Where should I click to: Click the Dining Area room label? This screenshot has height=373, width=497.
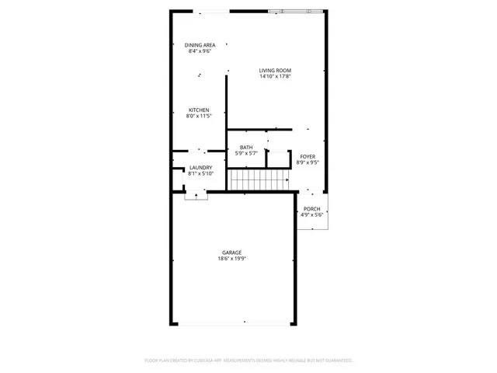(x=200, y=45)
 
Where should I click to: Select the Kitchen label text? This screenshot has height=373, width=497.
(x=199, y=110)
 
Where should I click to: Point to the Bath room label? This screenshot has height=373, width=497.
(x=246, y=148)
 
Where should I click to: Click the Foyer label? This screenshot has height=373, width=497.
(x=308, y=156)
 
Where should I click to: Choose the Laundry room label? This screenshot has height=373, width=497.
(x=200, y=168)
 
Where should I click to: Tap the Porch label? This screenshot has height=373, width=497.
(x=311, y=208)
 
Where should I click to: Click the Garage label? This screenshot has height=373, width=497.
(x=232, y=253)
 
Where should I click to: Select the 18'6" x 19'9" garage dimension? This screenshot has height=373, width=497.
(x=232, y=259)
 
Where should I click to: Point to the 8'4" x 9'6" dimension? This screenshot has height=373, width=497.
(x=200, y=51)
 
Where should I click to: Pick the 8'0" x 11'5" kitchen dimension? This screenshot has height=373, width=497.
(x=199, y=117)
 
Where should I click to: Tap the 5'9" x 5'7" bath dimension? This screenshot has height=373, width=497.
(x=246, y=154)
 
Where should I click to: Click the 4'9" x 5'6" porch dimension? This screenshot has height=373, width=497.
(x=311, y=215)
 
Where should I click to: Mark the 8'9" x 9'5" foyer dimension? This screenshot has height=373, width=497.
(x=308, y=162)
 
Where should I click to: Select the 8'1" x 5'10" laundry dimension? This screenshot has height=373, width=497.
(x=200, y=174)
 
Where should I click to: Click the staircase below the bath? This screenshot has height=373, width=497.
(x=259, y=180)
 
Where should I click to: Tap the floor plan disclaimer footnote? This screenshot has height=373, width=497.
(x=248, y=361)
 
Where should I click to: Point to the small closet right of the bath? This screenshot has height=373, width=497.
(x=277, y=158)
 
